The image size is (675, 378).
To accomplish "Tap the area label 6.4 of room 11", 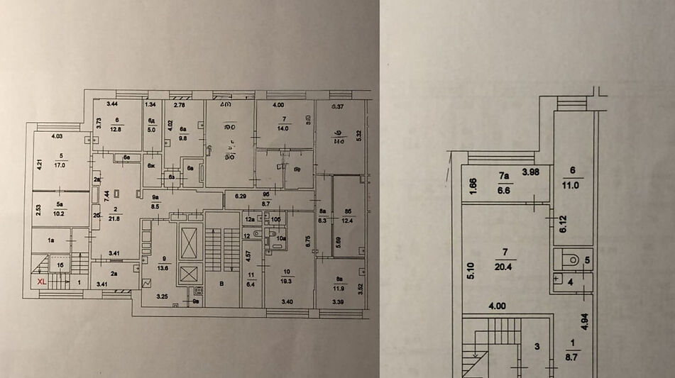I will (251, 284).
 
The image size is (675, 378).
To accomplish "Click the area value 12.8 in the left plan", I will (117, 129).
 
